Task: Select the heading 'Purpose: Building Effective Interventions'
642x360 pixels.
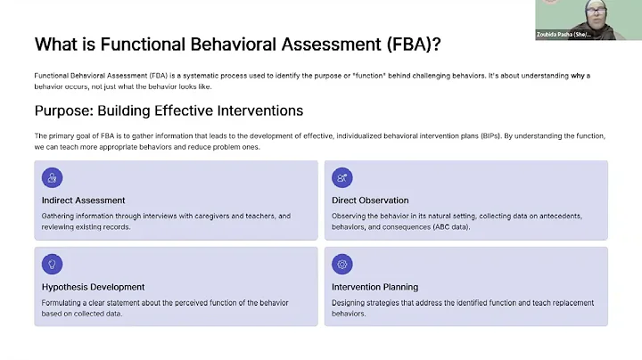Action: (x=169, y=110)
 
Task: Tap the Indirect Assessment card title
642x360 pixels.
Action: (x=83, y=200)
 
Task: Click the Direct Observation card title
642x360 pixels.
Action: (x=370, y=200)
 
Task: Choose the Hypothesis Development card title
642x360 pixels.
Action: (x=93, y=287)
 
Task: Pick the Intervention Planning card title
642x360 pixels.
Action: (x=374, y=287)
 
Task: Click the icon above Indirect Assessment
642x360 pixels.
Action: (x=52, y=178)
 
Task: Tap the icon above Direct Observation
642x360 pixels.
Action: (x=342, y=178)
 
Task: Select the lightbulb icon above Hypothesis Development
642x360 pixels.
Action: (x=52, y=264)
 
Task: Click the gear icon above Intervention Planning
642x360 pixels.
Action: (x=342, y=264)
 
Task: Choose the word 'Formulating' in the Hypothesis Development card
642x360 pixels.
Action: (x=62, y=303)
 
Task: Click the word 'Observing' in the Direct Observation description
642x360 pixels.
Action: (x=350, y=216)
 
